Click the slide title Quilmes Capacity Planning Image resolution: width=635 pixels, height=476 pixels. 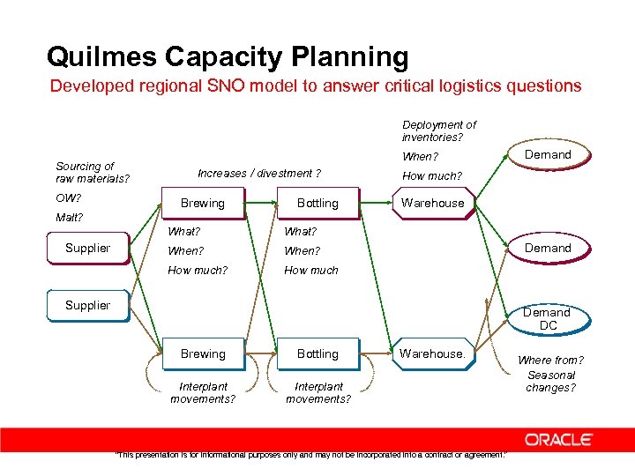(228, 57)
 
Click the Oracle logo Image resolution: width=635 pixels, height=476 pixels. (558, 439)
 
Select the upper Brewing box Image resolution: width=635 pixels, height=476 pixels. (203, 203)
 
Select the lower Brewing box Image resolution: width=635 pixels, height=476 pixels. (203, 353)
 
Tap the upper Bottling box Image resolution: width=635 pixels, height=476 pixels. (317, 203)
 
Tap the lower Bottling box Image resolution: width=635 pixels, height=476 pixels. (317, 353)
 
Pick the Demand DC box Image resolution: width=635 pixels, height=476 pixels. (547, 319)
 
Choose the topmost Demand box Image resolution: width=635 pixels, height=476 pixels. (548, 155)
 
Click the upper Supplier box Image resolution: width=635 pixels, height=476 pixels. (87, 248)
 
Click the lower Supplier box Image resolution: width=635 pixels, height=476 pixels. (87, 305)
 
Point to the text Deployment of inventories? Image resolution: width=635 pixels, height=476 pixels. (438, 130)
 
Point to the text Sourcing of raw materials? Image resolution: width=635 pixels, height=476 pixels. (92, 172)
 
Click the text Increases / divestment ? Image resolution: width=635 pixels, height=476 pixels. (259, 174)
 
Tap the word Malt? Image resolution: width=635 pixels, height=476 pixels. (69, 218)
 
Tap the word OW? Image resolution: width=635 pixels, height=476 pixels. (68, 197)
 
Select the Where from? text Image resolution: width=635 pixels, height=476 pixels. (550, 361)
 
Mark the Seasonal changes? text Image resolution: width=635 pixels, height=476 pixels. (550, 381)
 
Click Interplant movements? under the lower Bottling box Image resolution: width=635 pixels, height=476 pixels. (318, 392)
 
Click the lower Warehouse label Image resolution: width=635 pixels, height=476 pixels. (432, 353)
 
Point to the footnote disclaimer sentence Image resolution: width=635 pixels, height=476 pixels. (311, 455)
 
